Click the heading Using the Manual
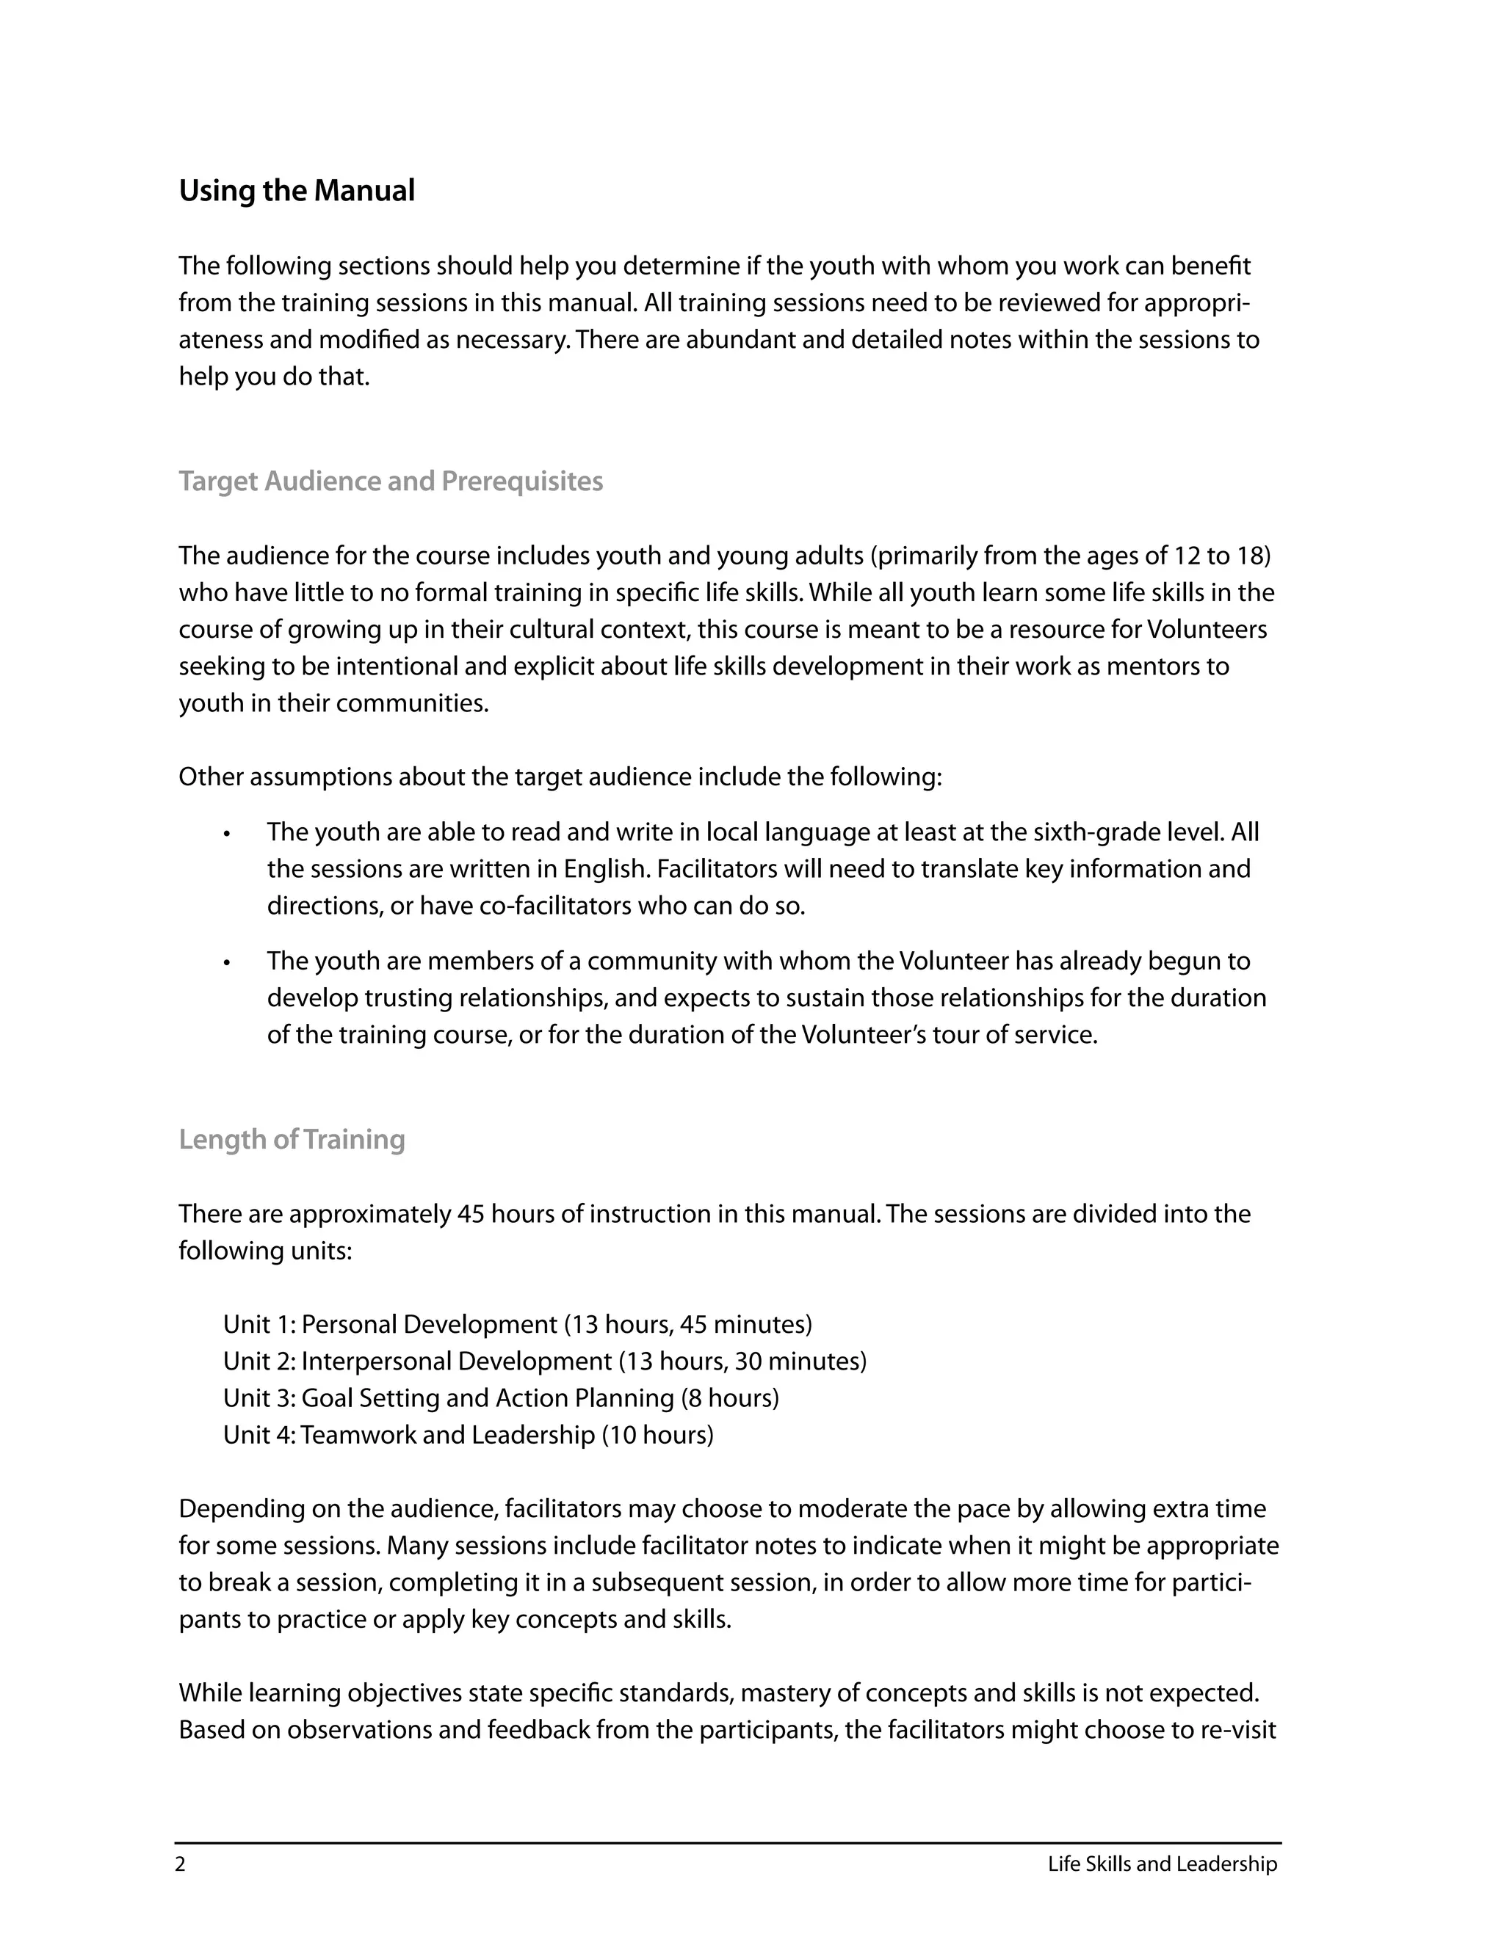(297, 191)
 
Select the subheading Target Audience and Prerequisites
(390, 481)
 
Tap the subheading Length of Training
(292, 1139)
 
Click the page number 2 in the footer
(181, 1864)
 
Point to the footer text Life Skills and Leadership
(1162, 1864)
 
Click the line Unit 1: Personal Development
(517, 1324)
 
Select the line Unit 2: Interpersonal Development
(543, 1361)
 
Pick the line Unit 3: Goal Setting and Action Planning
(501, 1397)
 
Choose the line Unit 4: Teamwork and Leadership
(468, 1435)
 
